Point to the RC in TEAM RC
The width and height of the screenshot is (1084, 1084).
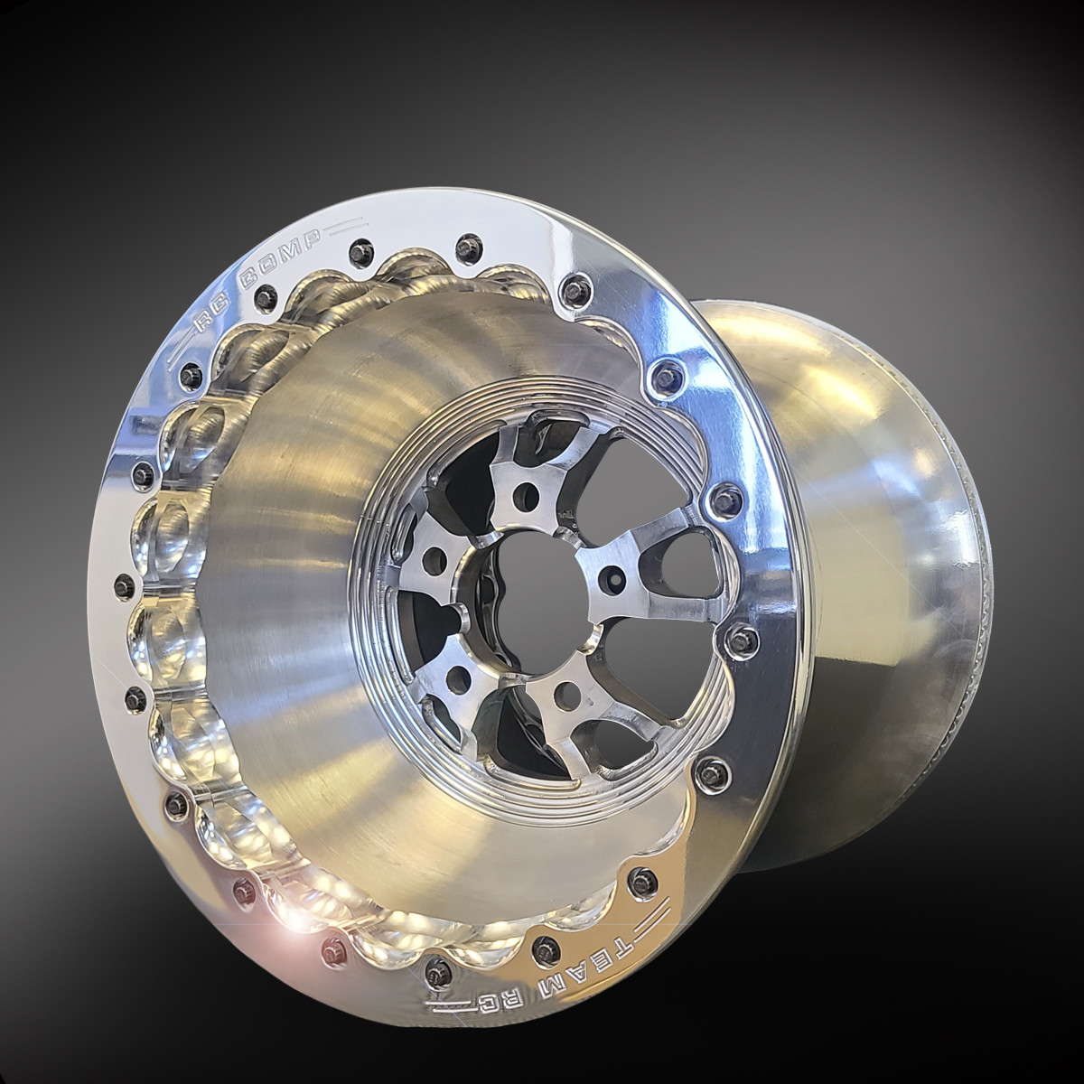pos(515,998)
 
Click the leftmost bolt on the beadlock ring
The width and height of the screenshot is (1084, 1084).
pos(137,696)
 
